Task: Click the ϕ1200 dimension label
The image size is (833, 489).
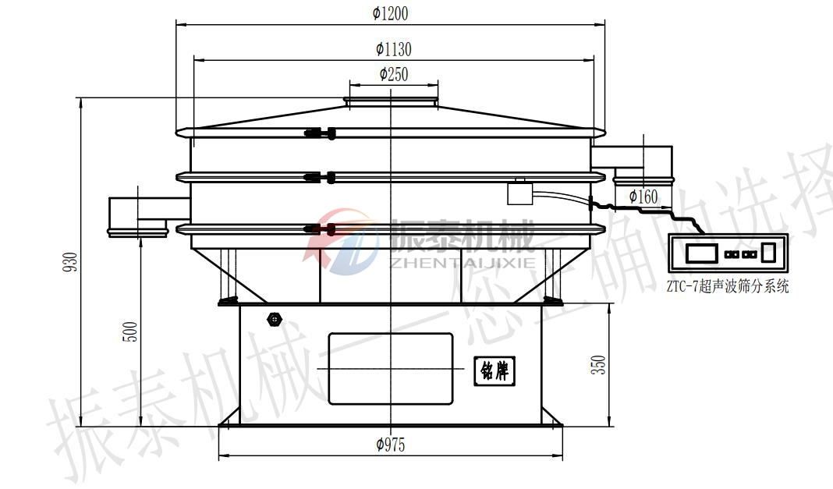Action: (x=391, y=13)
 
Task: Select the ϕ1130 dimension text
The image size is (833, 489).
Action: (x=394, y=49)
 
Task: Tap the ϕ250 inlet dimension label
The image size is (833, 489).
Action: (x=394, y=74)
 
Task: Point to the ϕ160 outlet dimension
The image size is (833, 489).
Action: (x=643, y=197)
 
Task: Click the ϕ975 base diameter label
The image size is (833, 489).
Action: (x=391, y=445)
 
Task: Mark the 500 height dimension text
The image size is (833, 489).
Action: (x=130, y=331)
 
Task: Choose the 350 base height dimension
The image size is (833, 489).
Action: (x=599, y=365)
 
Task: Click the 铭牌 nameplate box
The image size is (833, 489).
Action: (x=494, y=370)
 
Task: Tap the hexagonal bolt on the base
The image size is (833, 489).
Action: (x=274, y=320)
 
